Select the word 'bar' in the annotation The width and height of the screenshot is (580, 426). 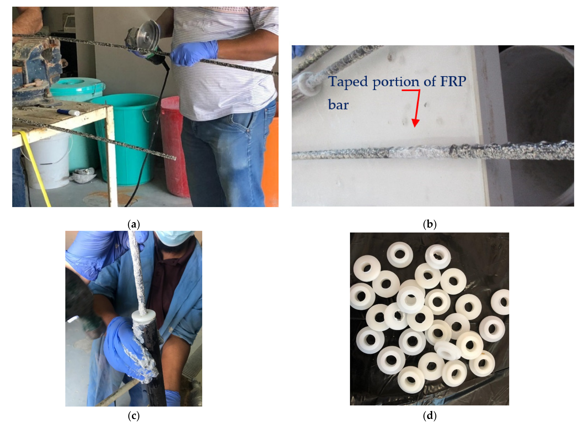(338, 104)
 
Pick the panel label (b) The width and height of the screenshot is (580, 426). (430, 224)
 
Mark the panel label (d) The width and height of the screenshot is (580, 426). (430, 416)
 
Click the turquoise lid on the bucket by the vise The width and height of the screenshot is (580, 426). (77, 86)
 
